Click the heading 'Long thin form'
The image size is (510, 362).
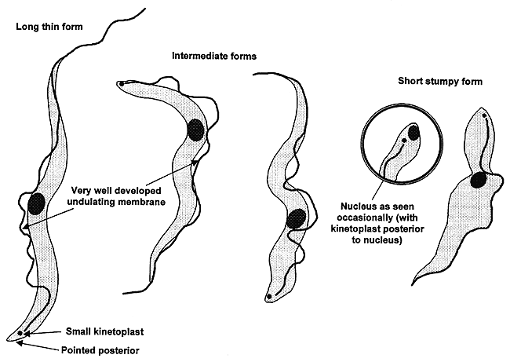point(49,29)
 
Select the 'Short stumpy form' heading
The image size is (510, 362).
point(439,81)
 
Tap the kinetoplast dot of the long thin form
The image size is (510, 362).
point(20,333)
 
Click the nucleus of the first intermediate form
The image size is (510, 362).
point(195,129)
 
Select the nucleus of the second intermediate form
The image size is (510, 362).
point(296,219)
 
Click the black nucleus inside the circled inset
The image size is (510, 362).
point(413,132)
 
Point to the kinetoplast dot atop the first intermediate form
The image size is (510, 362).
point(120,82)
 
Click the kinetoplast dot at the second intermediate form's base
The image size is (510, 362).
point(270,297)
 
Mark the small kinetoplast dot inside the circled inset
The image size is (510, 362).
point(403,141)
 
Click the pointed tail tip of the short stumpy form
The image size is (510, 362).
point(414,290)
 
